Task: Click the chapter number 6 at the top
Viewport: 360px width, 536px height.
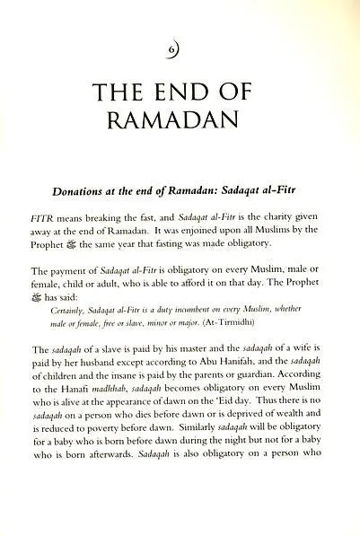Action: [180, 45]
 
